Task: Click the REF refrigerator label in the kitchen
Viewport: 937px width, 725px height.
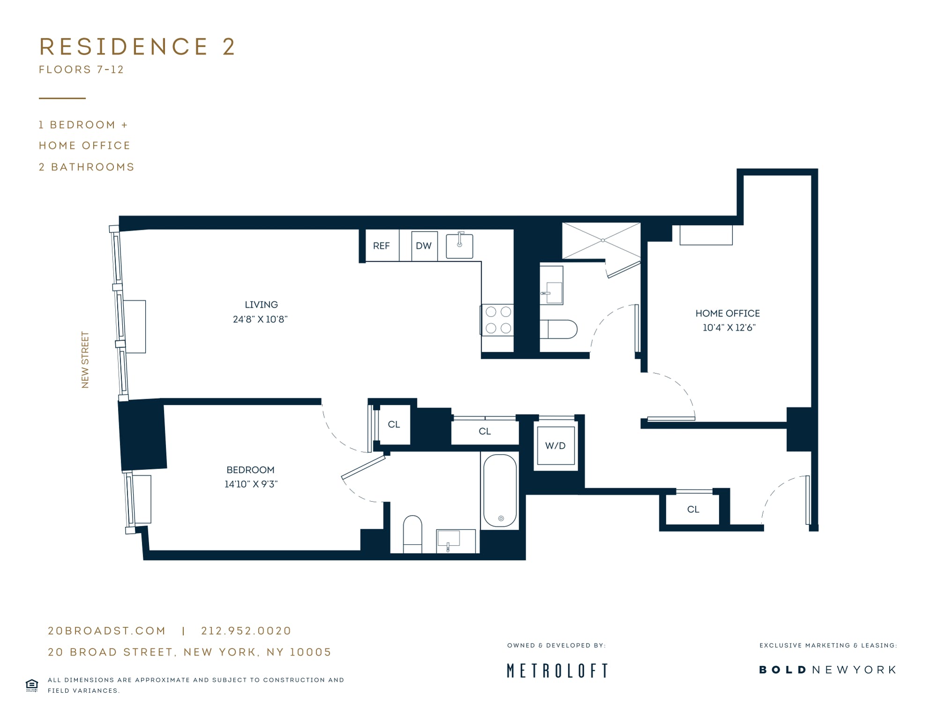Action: (x=381, y=246)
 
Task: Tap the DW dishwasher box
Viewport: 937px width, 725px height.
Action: (x=424, y=246)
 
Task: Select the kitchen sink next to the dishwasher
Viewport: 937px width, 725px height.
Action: (x=459, y=245)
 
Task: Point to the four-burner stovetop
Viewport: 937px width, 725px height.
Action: (x=498, y=320)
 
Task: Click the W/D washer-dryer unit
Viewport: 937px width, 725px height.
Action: (x=556, y=446)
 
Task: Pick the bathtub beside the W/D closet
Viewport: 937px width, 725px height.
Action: (x=500, y=491)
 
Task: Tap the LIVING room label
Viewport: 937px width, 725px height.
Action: (x=261, y=304)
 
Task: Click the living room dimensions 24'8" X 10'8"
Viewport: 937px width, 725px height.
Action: (x=260, y=319)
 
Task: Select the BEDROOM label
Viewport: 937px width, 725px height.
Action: (x=251, y=470)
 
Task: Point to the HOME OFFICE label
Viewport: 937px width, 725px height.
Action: (x=728, y=313)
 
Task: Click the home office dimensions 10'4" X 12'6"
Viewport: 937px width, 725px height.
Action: (x=729, y=328)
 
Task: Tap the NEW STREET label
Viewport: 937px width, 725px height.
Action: (x=85, y=360)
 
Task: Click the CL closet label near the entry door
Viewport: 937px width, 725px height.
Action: (x=693, y=509)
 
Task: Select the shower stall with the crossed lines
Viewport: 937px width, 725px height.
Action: (x=601, y=241)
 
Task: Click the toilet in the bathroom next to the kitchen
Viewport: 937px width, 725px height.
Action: (x=558, y=329)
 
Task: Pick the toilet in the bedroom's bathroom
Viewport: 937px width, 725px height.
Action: (x=412, y=534)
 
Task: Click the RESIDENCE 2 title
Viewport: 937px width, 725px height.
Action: (x=138, y=46)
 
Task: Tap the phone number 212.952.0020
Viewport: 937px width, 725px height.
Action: (x=246, y=631)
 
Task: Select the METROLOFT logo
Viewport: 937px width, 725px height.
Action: (x=558, y=671)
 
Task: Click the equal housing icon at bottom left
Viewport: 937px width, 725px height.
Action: (x=32, y=685)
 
